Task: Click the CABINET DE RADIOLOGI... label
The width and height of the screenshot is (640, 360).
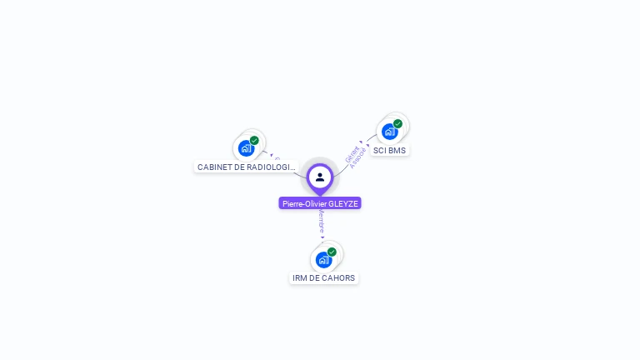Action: [246, 167]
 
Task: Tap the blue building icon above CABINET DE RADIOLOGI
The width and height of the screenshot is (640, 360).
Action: [245, 148]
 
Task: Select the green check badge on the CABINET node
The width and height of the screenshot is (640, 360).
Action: [254, 141]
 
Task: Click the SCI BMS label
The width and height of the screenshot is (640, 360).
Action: [389, 151]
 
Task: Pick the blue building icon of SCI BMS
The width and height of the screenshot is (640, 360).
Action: [388, 132]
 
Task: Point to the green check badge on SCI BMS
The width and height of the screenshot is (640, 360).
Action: [397, 124]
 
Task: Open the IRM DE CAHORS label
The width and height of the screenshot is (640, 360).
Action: [323, 277]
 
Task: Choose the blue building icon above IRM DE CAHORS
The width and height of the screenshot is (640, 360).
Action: [323, 259]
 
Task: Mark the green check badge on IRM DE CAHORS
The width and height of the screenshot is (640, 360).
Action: [332, 252]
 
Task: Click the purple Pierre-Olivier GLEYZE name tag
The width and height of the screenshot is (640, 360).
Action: [320, 203]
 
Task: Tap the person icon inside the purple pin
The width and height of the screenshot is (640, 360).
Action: [320, 177]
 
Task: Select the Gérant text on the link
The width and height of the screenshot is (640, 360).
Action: [352, 153]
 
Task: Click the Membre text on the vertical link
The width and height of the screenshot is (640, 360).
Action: [322, 221]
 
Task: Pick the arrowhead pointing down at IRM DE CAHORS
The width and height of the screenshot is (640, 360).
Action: [322, 237]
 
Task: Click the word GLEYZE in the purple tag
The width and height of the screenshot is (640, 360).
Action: [343, 203]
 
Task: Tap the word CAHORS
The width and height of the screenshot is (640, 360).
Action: [339, 277]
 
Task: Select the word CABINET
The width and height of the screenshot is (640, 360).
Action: [214, 167]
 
